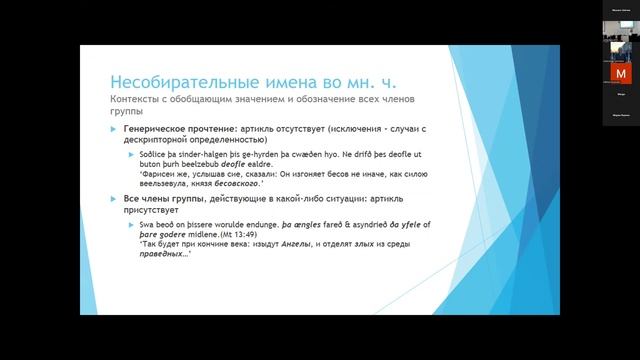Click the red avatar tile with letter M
621,74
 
